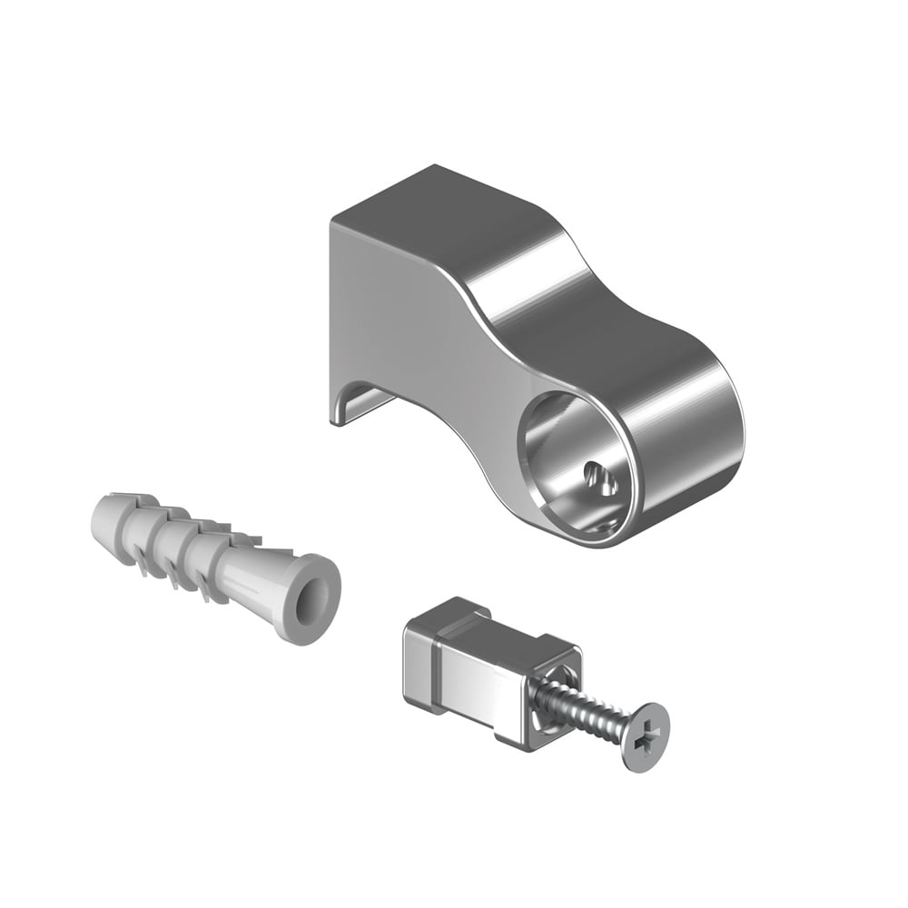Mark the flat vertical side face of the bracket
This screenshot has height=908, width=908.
pos(400,309)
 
